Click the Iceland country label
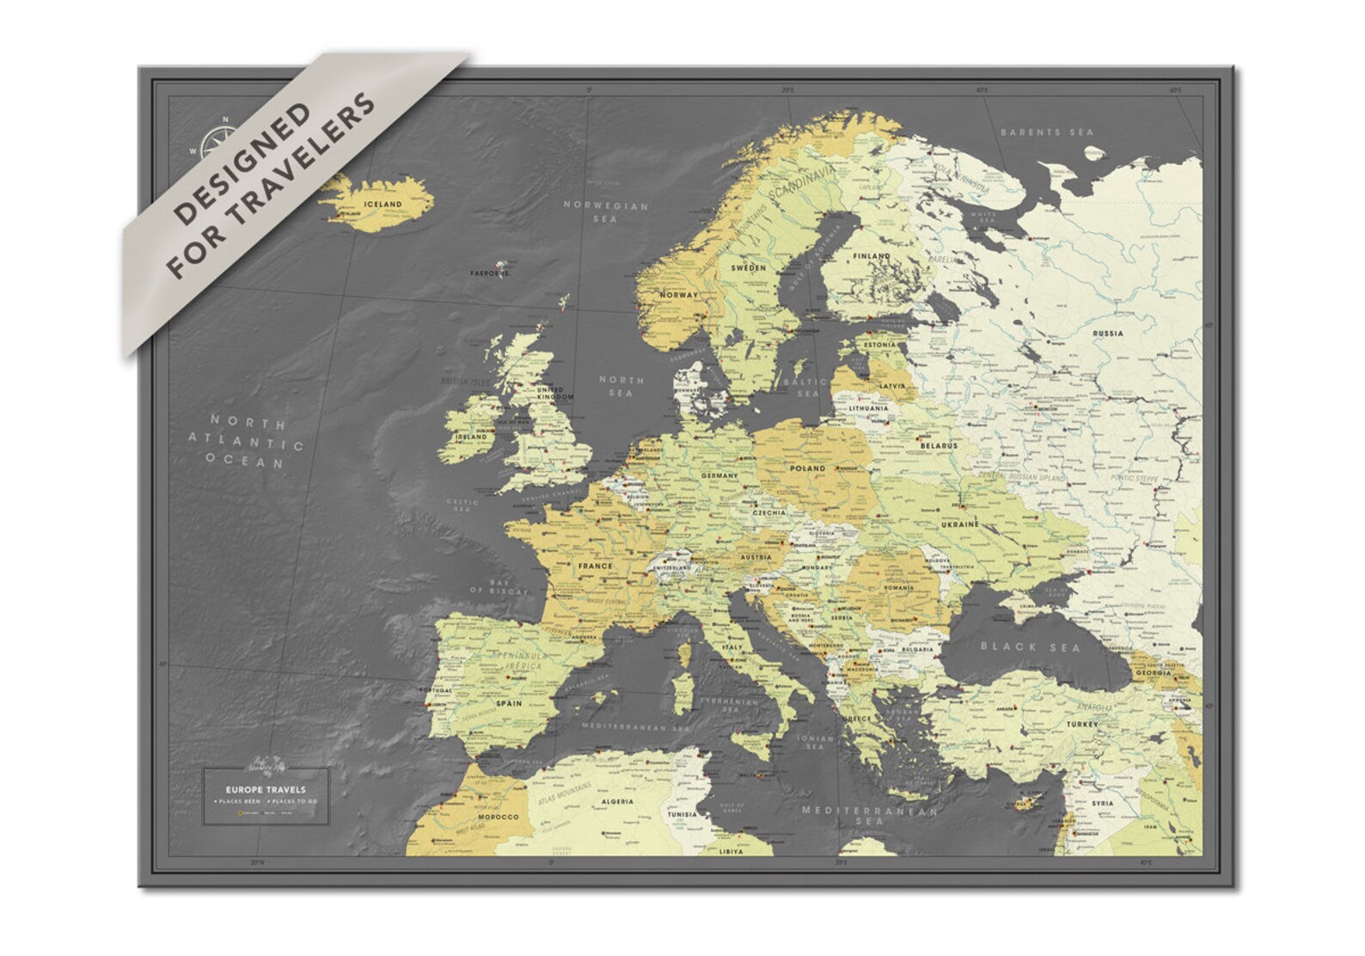pyautogui.click(x=383, y=204)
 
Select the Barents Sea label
pyautogui.click(x=1047, y=132)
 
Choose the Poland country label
pyautogui.click(x=806, y=469)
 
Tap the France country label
pyautogui.click(x=595, y=566)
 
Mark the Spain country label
pyautogui.click(x=509, y=703)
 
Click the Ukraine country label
pyautogui.click(x=959, y=524)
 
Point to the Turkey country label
pyautogui.click(x=1082, y=725)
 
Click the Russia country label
pyautogui.click(x=1107, y=333)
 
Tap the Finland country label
pyautogui.click(x=871, y=256)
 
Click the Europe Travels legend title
pyautogui.click(x=265, y=789)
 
